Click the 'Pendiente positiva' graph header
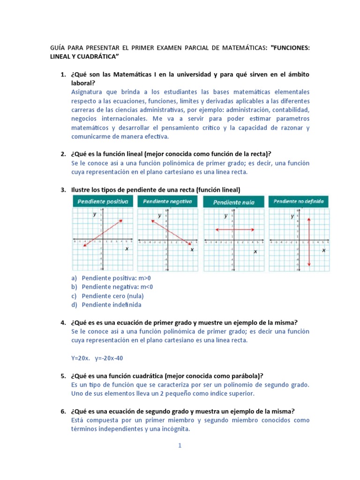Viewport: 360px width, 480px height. tap(103, 202)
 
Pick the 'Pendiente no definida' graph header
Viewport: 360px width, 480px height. tap(299, 202)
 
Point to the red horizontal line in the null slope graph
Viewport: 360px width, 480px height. tap(234, 230)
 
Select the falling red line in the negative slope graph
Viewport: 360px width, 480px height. tap(170, 232)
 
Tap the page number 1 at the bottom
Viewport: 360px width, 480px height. tap(180, 446)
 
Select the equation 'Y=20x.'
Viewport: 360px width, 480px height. tap(81, 358)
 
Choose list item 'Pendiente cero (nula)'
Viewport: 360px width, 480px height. tap(112, 296)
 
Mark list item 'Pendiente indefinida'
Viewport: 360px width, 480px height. tap(111, 305)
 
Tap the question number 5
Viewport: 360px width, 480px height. tap(63, 376)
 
